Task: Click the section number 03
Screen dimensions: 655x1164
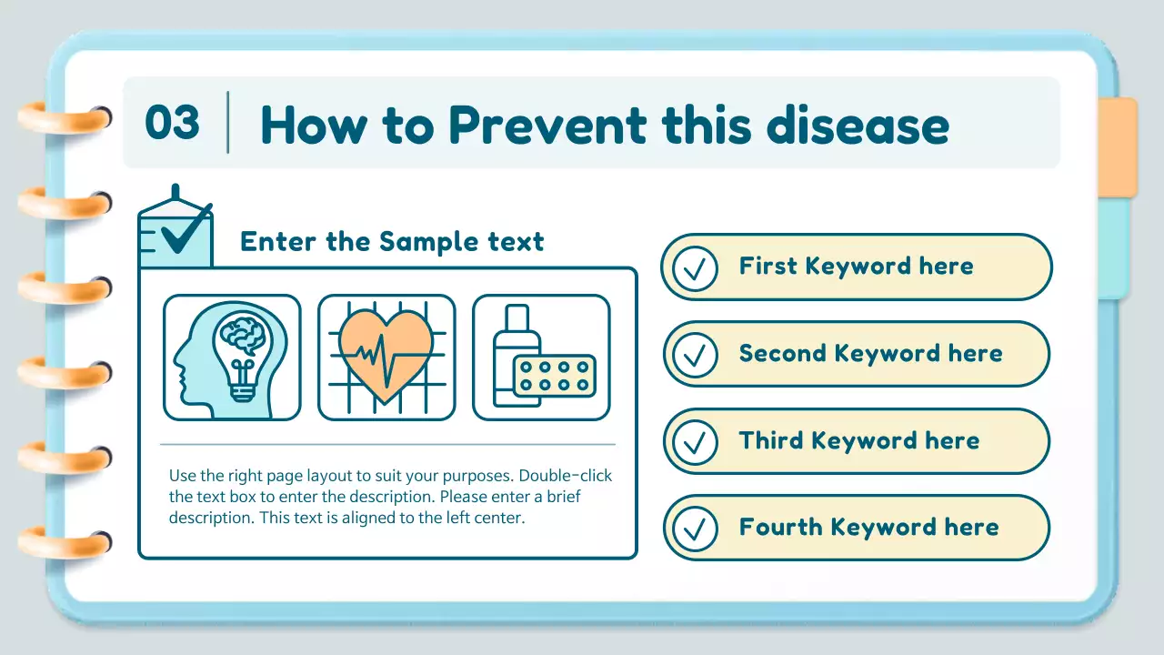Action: click(172, 123)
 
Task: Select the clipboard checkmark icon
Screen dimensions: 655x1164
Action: click(176, 232)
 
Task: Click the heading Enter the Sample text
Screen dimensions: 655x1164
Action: click(392, 242)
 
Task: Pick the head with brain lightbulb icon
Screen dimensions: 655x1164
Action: click(232, 358)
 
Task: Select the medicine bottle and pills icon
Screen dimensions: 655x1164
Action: click(541, 358)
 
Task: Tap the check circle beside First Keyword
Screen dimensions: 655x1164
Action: click(697, 267)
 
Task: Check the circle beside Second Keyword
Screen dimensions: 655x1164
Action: click(697, 355)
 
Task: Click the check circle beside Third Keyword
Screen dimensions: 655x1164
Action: click(697, 441)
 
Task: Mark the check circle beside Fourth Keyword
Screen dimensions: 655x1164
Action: click(697, 529)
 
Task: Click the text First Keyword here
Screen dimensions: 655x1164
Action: click(856, 267)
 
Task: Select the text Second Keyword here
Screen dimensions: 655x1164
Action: click(870, 354)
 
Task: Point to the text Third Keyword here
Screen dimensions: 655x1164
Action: click(858, 441)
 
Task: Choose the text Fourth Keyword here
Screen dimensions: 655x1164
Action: click(868, 528)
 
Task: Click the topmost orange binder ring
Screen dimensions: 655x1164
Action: click(64, 118)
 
